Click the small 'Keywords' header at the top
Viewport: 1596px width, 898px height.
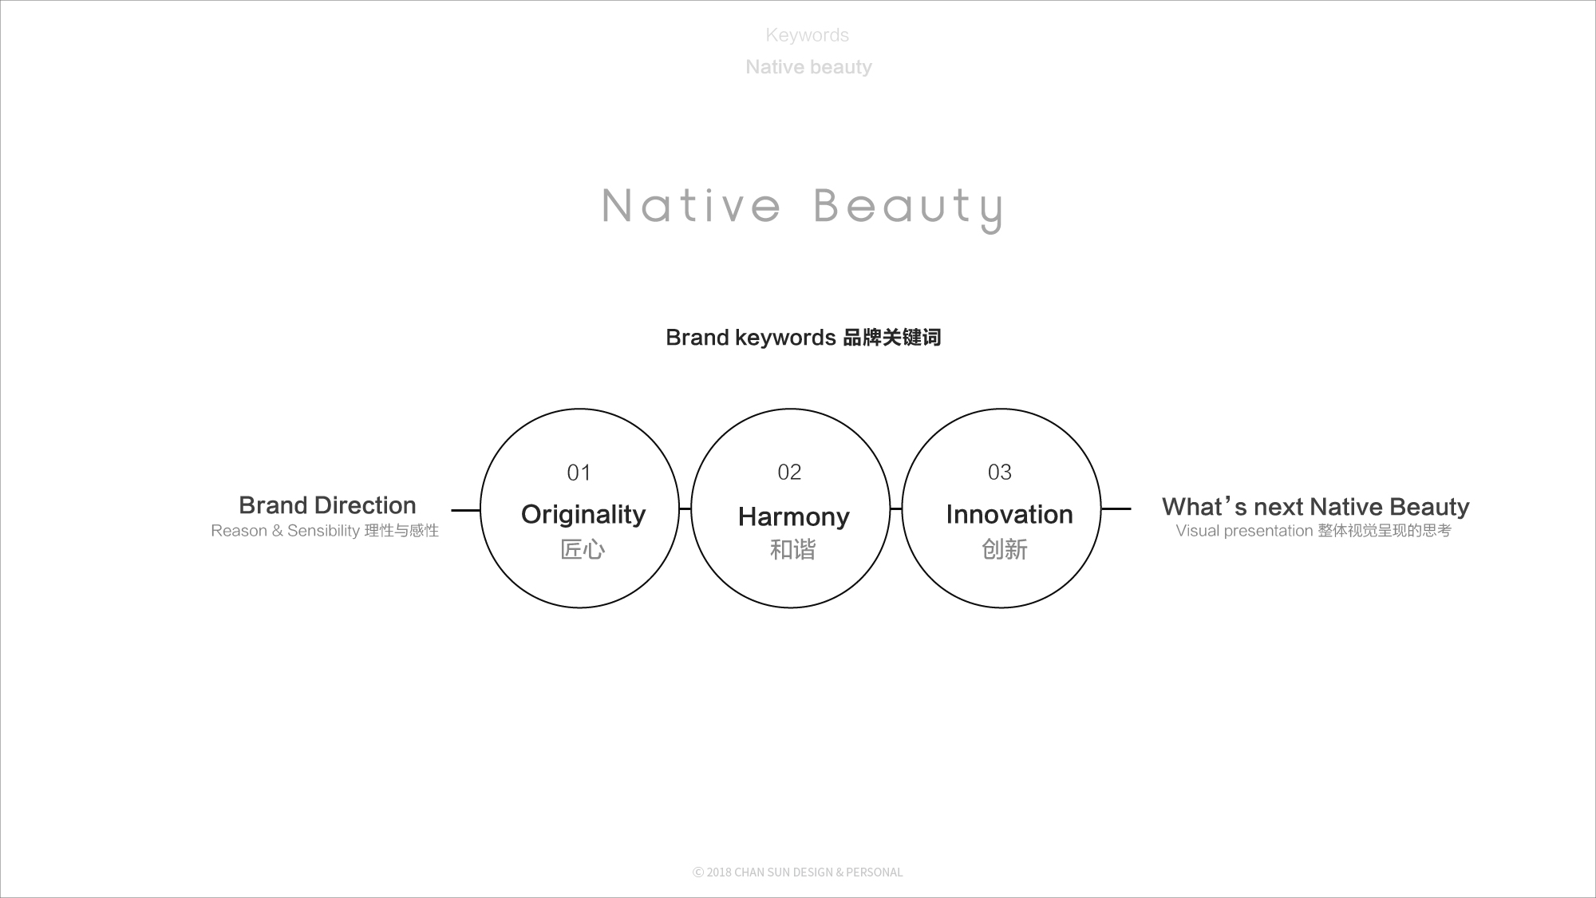point(807,35)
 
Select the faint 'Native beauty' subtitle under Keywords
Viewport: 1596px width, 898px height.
point(808,67)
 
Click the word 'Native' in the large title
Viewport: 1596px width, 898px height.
point(691,206)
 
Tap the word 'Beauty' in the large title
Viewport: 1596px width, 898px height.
point(908,209)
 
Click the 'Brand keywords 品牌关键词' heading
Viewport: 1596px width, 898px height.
point(804,338)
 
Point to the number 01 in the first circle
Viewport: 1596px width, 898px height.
point(579,473)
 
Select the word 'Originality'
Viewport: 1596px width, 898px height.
point(583,515)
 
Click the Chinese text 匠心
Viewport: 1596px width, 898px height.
point(583,549)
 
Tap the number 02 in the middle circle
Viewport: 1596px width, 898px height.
point(789,473)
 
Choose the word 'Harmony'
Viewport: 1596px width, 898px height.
point(794,517)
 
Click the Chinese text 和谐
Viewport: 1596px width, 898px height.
point(792,549)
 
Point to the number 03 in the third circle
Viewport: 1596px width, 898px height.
point(1000,473)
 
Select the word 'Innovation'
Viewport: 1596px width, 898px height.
point(1009,515)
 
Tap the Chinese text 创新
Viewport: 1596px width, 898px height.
point(1005,549)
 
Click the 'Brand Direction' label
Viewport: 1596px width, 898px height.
point(327,505)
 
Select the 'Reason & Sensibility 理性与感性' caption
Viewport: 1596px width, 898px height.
point(325,531)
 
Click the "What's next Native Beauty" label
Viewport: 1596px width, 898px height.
point(1315,506)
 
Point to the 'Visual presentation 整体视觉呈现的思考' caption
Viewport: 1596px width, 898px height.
point(1314,531)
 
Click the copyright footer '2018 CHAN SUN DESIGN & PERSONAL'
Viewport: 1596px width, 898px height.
point(798,872)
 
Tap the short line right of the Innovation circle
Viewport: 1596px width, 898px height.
point(1116,508)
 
